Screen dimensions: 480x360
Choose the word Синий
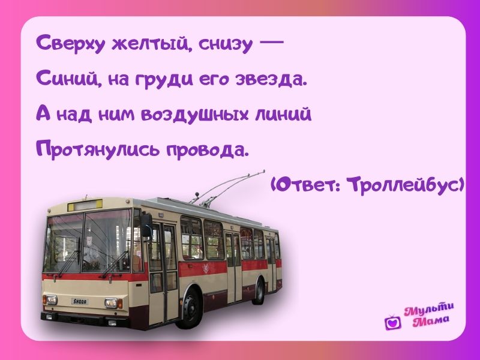69,79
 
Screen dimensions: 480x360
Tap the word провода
206,149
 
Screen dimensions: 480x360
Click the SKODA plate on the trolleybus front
80,302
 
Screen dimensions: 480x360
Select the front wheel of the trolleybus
190,308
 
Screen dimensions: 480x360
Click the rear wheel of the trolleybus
259,291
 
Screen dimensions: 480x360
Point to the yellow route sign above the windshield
85,205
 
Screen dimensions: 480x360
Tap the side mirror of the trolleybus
146,225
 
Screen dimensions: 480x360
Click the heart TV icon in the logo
393,322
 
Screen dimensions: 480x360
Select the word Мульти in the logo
428,309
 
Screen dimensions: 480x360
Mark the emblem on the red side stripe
206,268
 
